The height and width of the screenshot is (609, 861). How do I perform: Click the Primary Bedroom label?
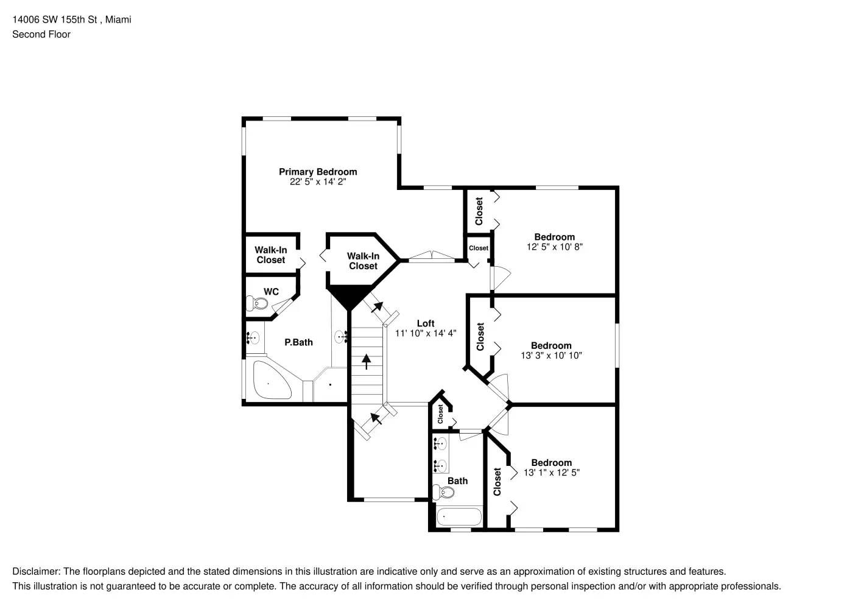point(318,172)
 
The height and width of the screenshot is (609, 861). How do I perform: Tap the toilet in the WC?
point(257,303)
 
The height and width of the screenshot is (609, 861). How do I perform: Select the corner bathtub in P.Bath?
point(272,380)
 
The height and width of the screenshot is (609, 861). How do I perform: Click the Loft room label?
point(426,324)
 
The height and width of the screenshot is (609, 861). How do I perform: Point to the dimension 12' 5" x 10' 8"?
point(554,247)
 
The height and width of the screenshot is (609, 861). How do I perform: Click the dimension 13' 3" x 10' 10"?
point(551,356)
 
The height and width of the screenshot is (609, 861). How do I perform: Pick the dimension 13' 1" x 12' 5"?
point(551,473)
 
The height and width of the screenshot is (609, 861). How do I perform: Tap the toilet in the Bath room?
point(443,491)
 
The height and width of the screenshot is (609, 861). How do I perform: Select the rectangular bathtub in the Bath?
point(459,516)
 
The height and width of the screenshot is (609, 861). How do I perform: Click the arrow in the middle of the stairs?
point(367,361)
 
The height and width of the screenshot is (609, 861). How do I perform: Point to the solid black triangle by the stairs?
point(350,297)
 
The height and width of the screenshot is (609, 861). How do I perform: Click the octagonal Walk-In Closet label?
point(363,261)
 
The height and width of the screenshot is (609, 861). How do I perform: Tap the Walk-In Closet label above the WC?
point(270,255)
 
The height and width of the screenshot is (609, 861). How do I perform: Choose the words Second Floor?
point(41,34)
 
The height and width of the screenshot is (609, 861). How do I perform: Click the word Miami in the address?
point(118,19)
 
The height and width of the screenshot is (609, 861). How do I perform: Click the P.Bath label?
point(298,342)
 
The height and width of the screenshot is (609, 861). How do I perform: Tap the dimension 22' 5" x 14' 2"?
point(318,182)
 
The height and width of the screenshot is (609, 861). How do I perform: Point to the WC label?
point(271,292)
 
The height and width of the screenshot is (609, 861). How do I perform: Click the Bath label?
point(457,481)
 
